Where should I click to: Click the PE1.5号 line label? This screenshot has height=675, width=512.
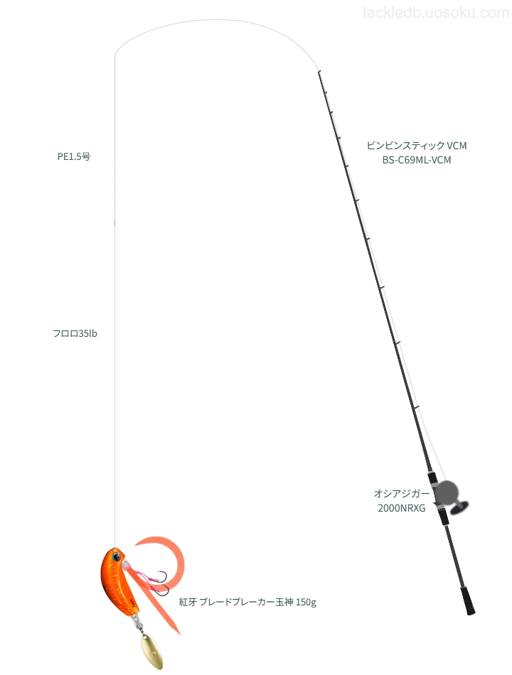coord(74,157)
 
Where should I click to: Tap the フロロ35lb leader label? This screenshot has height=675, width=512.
coord(75,334)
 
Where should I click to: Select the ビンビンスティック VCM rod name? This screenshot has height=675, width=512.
coord(417,146)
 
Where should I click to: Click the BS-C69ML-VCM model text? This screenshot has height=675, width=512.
coord(417,160)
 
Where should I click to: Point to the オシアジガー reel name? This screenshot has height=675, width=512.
coord(402,493)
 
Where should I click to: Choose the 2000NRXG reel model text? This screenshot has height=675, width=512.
coord(402,508)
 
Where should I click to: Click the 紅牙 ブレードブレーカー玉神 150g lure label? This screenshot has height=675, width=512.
coord(247,602)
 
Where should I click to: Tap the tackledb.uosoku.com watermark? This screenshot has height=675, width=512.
coord(436,13)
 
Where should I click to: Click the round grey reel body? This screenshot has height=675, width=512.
coord(446,492)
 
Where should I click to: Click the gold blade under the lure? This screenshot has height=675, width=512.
coord(151,652)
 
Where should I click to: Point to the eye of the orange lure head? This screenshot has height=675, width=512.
coord(115,557)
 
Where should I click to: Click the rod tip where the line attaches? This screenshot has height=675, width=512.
coord(319,72)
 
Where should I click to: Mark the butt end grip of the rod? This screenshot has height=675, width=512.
coord(468,600)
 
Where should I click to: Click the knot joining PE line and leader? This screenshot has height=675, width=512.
coord(114,222)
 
